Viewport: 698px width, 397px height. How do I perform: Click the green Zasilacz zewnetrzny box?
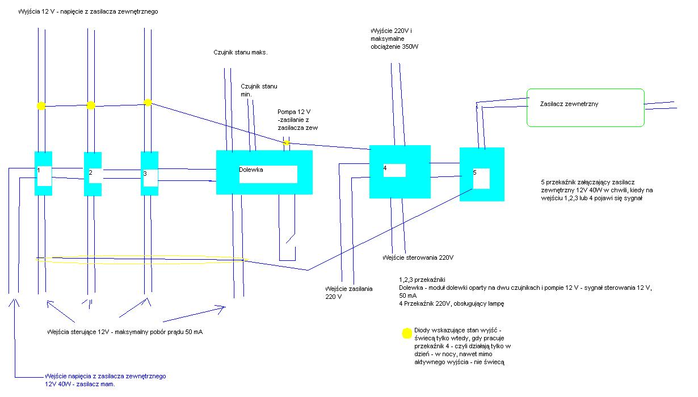click(x=586, y=107)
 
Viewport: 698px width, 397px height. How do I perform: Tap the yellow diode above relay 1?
click(x=41, y=105)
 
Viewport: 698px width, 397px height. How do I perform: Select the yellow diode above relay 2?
click(x=91, y=105)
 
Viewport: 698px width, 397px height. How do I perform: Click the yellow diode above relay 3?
click(x=148, y=103)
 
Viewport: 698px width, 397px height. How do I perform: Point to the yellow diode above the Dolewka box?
click(x=287, y=142)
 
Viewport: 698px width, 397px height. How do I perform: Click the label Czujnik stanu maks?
click(x=241, y=52)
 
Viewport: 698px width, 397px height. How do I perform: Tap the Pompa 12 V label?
click(x=297, y=120)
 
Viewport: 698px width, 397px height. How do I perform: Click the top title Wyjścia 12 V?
click(x=87, y=12)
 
